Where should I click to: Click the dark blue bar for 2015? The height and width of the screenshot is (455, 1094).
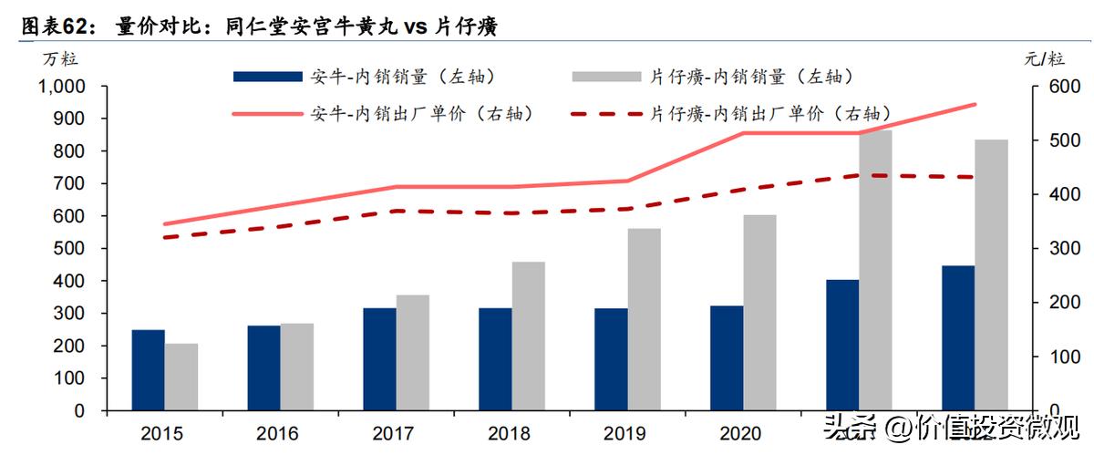pos(148,369)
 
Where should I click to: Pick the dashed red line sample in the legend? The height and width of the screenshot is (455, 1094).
pos(606,114)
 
